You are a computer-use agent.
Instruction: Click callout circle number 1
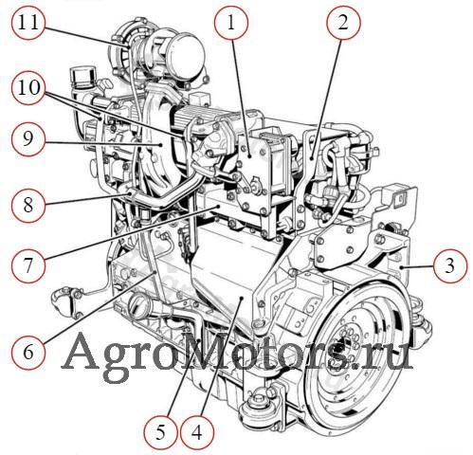coord(231,23)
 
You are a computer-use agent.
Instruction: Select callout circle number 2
coord(343,23)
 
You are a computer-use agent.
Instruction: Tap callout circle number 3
coord(450,264)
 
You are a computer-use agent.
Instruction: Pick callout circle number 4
coord(197,432)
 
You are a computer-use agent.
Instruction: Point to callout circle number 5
coord(160,432)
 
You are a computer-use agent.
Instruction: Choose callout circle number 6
coord(28,352)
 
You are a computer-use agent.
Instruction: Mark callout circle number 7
coord(28,264)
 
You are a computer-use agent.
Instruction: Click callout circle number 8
coord(28,205)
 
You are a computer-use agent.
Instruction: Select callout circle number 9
coord(28,139)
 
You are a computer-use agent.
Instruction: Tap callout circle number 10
coord(28,87)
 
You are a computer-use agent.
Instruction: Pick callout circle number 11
coord(28,23)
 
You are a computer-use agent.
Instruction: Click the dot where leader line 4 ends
coord(241,298)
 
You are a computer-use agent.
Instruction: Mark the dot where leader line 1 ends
coord(249,155)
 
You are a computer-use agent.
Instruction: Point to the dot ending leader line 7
coord(218,206)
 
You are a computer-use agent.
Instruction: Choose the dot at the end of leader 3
coord(401,267)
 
